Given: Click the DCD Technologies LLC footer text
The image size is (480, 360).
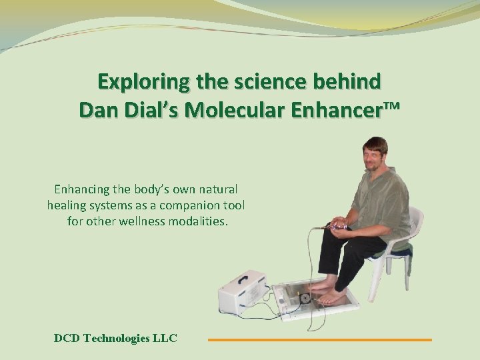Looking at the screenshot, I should pos(115,338).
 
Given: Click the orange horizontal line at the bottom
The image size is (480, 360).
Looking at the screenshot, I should pos(320,340).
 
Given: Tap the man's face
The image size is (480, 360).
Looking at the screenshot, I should pos(374,155).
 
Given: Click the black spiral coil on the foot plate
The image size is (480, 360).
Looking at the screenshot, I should pos(305,298).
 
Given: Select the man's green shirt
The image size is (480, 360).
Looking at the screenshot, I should pos(380,200).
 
